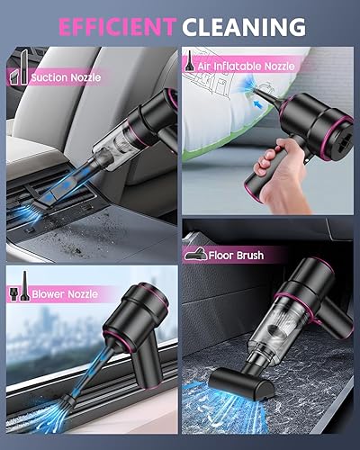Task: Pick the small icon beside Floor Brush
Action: pyautogui.click(x=196, y=255)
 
